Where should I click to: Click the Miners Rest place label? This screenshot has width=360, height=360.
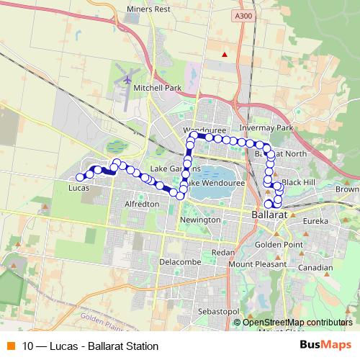click(x=148, y=9)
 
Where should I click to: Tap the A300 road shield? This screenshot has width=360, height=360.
click(x=243, y=14)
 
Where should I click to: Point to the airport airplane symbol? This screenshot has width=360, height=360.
click(x=128, y=78)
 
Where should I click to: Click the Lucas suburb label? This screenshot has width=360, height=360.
click(x=78, y=187)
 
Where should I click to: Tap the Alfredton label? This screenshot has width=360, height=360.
click(x=142, y=204)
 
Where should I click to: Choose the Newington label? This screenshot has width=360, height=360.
click(x=199, y=219)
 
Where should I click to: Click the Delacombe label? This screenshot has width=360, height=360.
click(x=177, y=261)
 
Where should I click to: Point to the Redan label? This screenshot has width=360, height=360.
click(x=223, y=253)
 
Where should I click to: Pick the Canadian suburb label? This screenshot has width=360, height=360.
click(x=315, y=268)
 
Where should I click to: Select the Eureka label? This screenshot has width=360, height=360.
click(x=315, y=221)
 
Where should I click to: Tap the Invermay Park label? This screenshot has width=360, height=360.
click(x=268, y=128)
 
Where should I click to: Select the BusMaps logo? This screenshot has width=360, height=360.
click(x=325, y=345)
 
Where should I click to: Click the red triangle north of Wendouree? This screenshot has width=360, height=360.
click(x=225, y=54)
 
